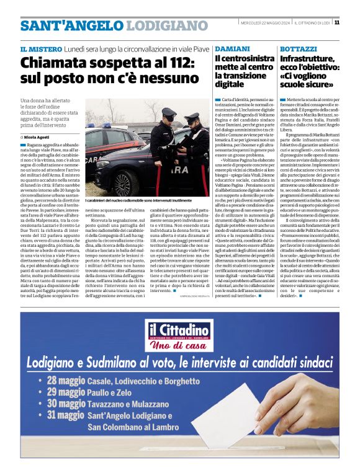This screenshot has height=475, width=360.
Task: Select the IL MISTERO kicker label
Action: (x=41, y=48)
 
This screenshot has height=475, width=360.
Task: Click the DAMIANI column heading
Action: (x=233, y=48)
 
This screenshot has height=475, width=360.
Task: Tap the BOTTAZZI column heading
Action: (x=299, y=48)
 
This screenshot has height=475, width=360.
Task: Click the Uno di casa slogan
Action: (x=179, y=344)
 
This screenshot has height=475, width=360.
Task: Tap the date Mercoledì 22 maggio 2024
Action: (x=262, y=22)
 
